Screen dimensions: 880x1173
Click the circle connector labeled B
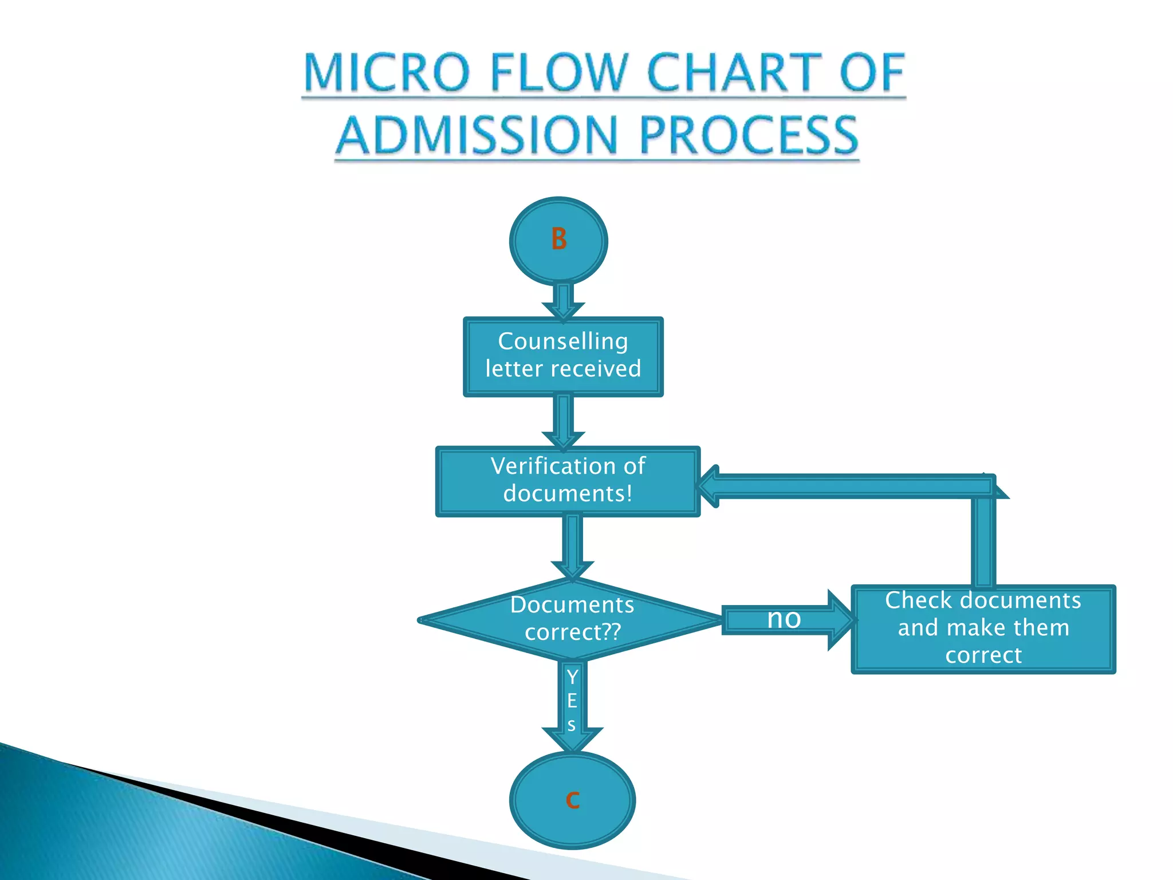pos(558,241)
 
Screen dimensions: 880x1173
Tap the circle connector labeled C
pos(572,800)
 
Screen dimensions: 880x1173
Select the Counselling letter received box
pos(563,356)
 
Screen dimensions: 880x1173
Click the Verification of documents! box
pos(568,481)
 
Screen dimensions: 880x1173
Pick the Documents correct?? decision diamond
pos(572,619)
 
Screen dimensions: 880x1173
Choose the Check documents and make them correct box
pos(983,628)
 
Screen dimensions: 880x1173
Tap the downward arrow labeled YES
pos(572,705)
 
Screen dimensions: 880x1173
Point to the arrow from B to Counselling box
pos(564,301)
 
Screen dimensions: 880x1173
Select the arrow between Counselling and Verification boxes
pos(564,422)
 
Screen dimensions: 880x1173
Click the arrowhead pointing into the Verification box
pos(709,486)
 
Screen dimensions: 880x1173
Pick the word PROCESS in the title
pos(749,136)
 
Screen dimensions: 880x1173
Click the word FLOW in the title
pos(560,73)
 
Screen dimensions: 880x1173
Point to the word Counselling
pos(563,341)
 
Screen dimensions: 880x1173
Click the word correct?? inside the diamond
pos(573,632)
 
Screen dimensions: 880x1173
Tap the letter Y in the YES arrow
pos(572,677)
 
